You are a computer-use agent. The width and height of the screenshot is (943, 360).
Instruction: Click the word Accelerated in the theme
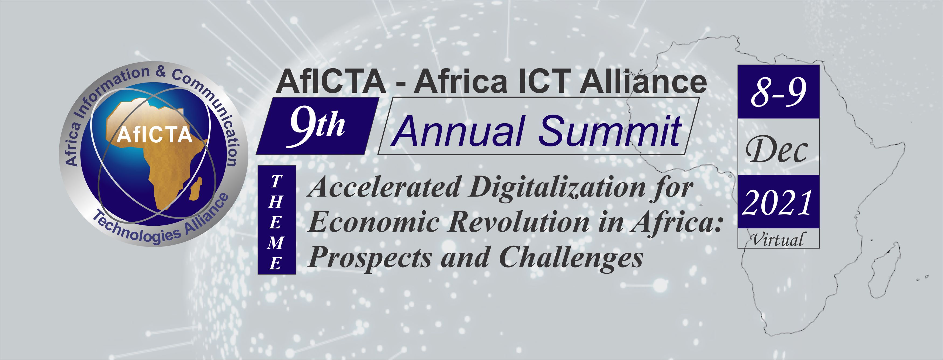[x=384, y=187]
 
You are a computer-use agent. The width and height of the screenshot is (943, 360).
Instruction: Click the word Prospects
[x=370, y=258]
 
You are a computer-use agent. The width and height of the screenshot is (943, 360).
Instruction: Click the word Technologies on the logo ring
[x=136, y=229]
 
